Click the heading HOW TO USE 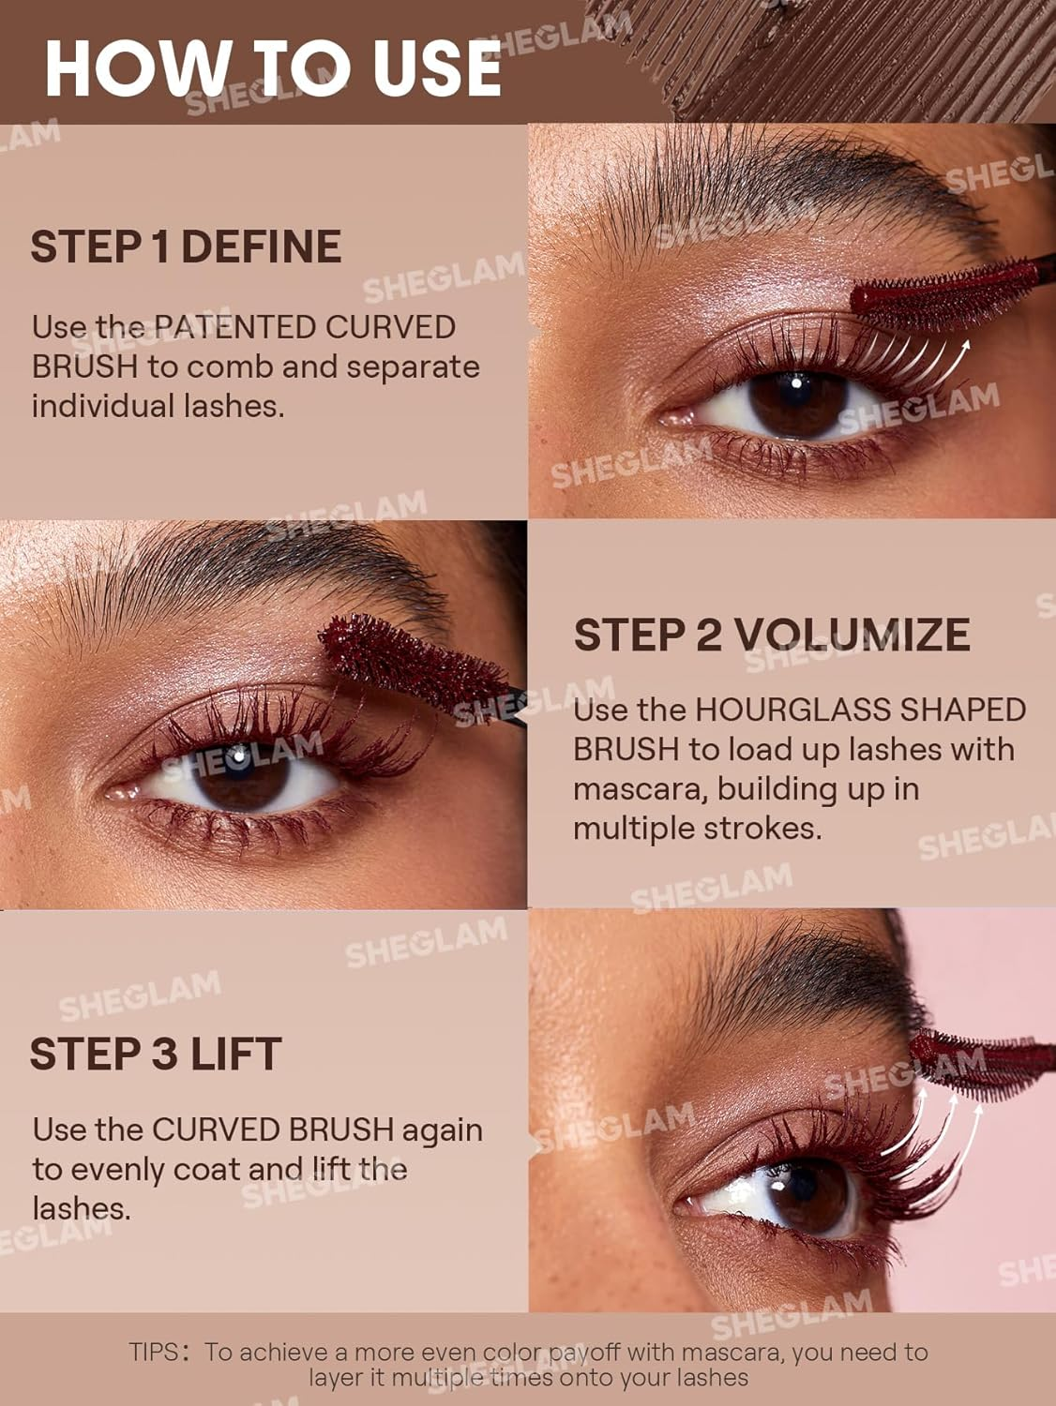272,67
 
